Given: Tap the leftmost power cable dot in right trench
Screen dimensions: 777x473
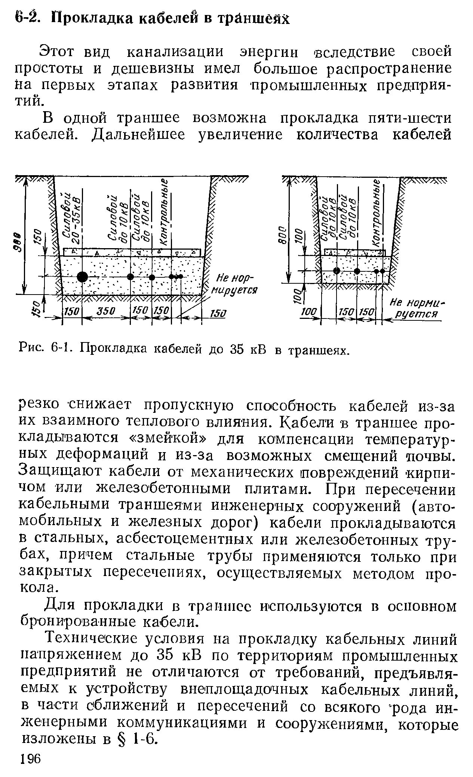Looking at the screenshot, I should (337, 270).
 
